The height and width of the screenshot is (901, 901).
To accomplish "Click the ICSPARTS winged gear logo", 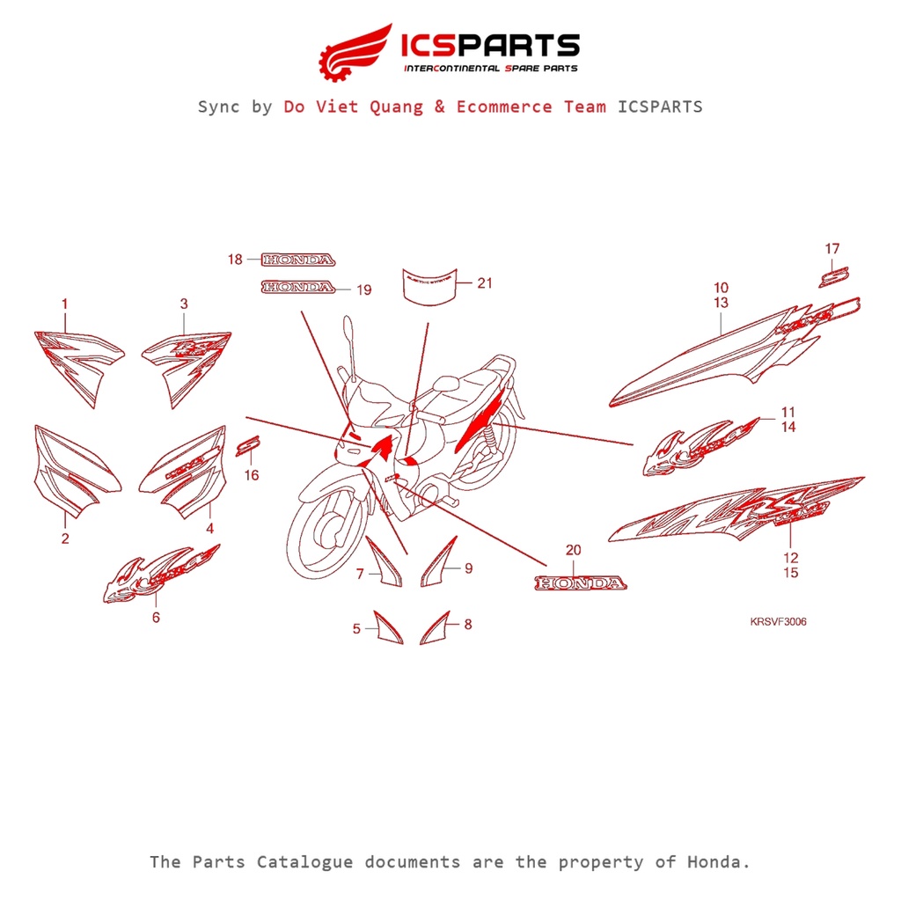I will (x=355, y=51).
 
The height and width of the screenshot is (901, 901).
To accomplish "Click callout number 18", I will (x=235, y=260).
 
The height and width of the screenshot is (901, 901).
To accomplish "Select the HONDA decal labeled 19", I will (x=298, y=287).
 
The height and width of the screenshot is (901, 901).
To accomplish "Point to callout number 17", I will (x=832, y=249).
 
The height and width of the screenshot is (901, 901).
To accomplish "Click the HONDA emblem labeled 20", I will (x=582, y=583).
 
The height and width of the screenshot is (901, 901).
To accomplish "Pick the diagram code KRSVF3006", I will (x=778, y=622).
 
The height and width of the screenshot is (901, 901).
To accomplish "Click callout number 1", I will (x=64, y=304).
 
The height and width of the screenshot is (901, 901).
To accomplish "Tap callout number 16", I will (x=252, y=476).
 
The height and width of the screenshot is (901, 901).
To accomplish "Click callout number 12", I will (x=790, y=557).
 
